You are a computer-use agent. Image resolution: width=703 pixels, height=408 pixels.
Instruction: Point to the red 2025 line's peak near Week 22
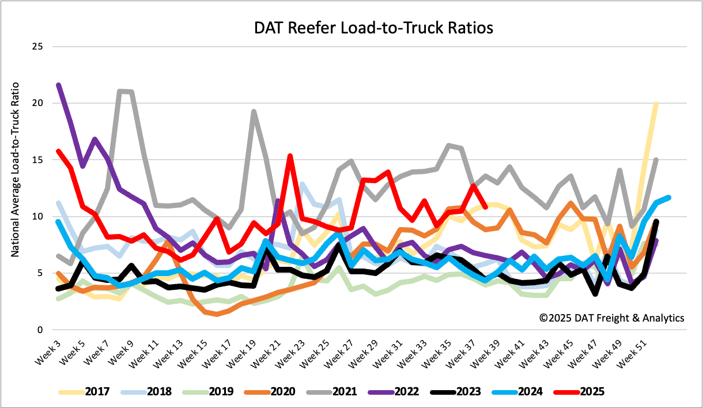[290, 156]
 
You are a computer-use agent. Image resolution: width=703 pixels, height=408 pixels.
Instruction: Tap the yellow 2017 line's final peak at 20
[656, 104]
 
